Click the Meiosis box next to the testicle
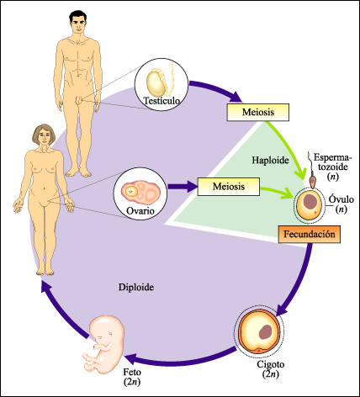click(257, 113)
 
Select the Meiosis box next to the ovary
click(229, 187)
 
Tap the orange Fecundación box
click(310, 234)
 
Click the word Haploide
click(270, 160)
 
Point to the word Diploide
click(136, 287)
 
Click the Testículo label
click(161, 100)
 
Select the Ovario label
click(140, 210)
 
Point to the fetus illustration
click(103, 344)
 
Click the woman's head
click(43, 136)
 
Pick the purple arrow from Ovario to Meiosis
click(182, 187)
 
